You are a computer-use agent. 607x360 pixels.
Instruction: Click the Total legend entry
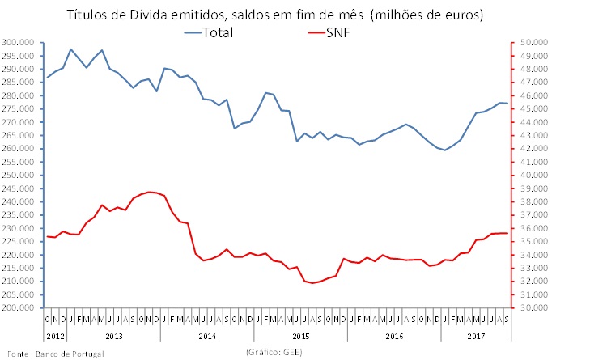pos(219,33)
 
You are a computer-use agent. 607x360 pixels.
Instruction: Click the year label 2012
pos(55,333)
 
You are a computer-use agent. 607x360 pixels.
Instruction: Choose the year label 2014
pos(206,333)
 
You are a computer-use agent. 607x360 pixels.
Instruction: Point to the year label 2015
pos(300,333)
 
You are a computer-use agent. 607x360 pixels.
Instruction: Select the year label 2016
pos(393,333)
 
